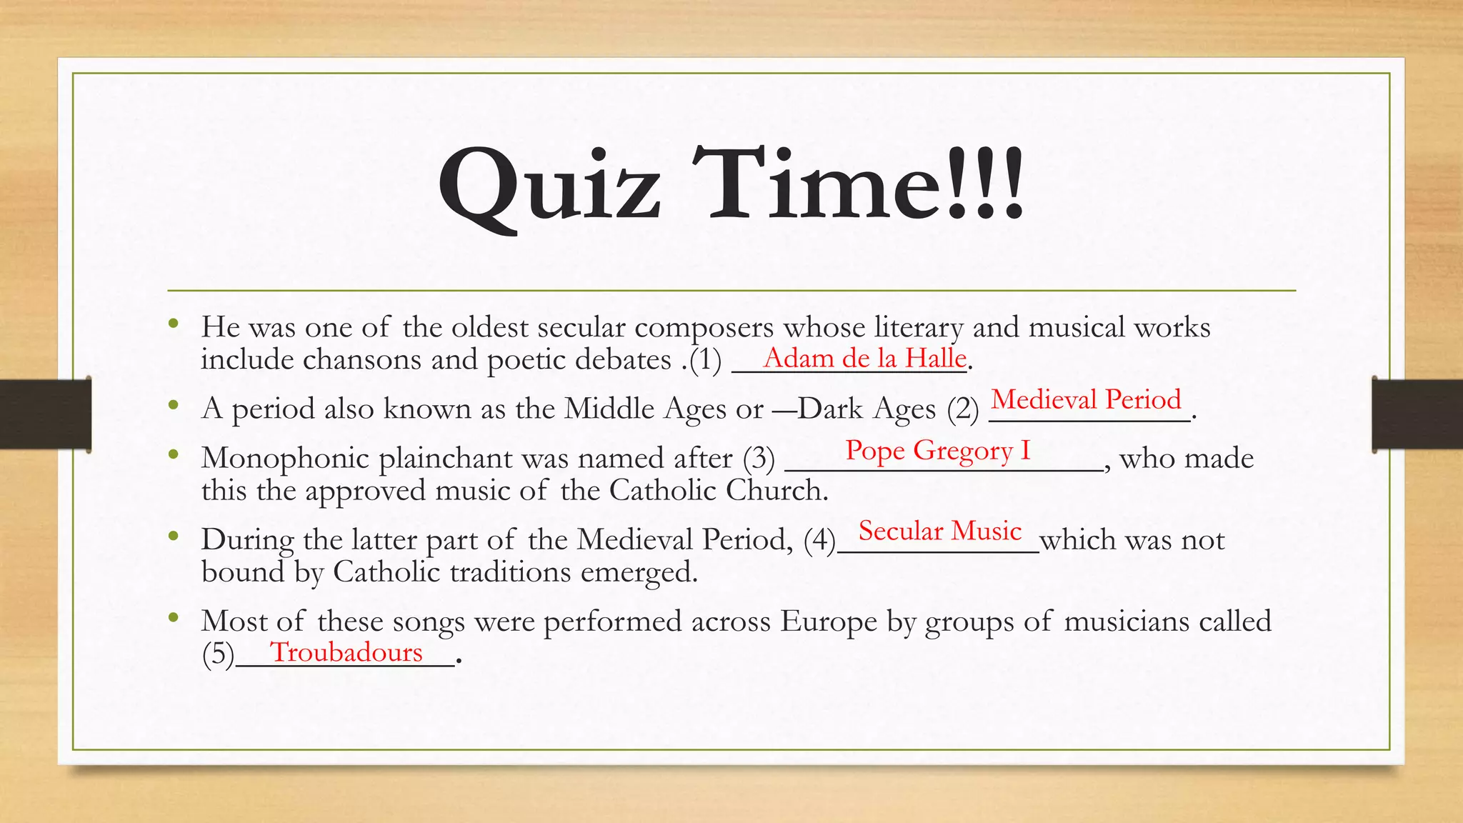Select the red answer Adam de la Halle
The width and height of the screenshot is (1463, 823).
coord(864,357)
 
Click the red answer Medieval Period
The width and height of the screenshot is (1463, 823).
coord(1086,399)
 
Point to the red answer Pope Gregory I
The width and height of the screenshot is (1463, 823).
coord(938,450)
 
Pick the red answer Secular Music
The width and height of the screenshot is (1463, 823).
coord(939,531)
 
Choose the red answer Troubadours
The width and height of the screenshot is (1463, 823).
coord(346,652)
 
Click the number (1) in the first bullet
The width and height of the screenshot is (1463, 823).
coord(706,359)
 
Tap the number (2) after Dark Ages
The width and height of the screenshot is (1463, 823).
coord(963,409)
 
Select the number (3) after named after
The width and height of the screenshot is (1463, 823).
coord(759,458)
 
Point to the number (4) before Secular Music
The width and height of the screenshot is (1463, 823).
coord(819,539)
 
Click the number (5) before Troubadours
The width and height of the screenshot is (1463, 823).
coord(218,654)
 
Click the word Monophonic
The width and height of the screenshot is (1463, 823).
coord(285,458)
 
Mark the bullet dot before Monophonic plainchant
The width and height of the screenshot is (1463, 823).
coord(173,454)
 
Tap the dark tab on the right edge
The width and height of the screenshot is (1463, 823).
coord(1417,414)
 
